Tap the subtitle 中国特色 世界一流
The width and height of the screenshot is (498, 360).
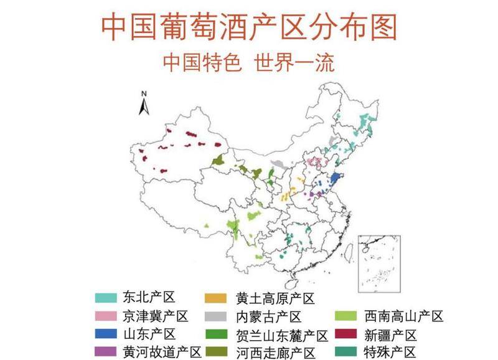248,63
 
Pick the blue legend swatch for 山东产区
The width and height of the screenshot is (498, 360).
107,334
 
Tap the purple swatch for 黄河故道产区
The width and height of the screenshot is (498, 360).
107,352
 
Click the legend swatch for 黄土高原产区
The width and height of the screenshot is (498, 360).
219,298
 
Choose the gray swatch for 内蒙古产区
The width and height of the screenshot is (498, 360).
219,316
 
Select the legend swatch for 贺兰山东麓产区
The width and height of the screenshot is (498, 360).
219,334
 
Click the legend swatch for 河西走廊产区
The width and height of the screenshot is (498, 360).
219,352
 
